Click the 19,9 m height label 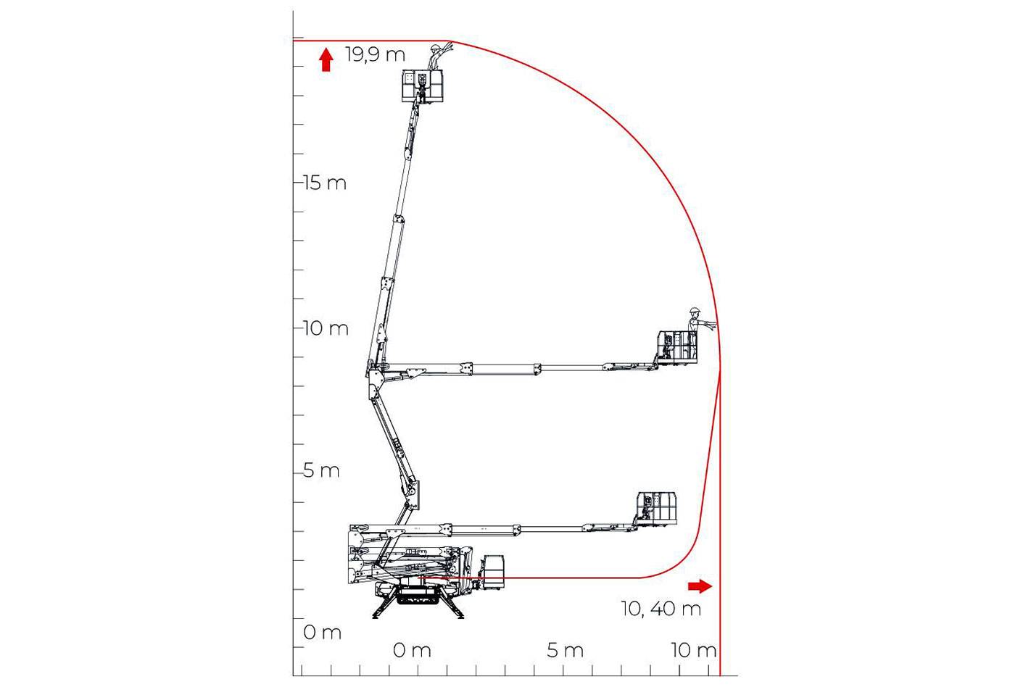pos(375,55)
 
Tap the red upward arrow pos(326,60)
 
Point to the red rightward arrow pos(700,586)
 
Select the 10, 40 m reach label pos(661,609)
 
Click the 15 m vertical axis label pos(325,183)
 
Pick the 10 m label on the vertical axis pos(326,328)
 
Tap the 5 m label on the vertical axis pos(321,470)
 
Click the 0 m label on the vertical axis pos(322,632)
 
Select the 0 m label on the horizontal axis pos(412,650)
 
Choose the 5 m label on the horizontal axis pos(566,650)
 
